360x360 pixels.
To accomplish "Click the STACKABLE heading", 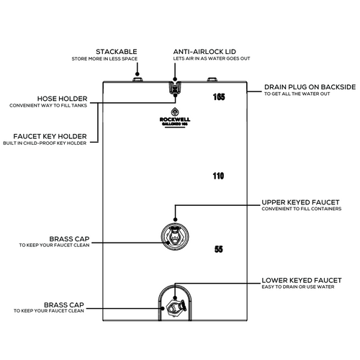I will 117,52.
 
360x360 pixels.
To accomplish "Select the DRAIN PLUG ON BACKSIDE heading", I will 310,86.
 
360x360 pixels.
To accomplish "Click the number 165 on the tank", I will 220,96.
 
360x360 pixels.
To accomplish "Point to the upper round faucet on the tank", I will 175,235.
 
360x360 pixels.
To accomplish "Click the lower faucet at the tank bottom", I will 175,307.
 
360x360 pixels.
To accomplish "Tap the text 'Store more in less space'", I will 117,59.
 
